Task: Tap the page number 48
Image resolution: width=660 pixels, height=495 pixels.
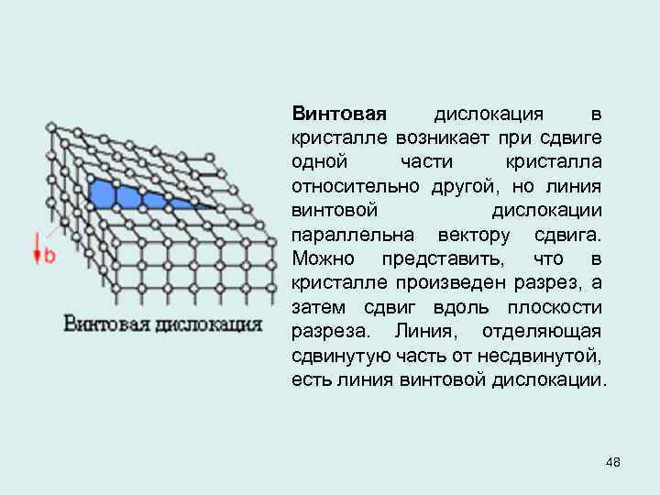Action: pos(613,462)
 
